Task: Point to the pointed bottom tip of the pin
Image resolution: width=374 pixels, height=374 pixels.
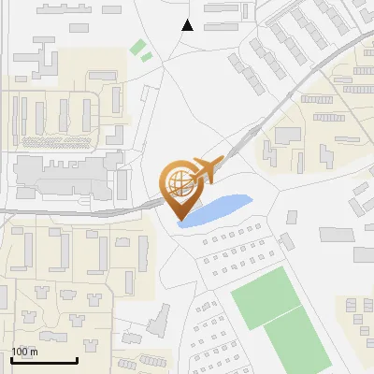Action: [180, 221]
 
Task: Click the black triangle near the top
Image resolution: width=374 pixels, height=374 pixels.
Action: [188, 25]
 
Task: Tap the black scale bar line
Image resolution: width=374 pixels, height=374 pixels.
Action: [44, 361]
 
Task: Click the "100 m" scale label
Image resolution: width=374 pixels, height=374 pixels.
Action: [25, 352]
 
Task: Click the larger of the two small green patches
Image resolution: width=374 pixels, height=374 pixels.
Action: [138, 46]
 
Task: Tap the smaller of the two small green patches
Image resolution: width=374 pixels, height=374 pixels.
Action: [147, 57]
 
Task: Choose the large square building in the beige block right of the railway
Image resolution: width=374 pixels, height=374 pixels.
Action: [288, 136]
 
